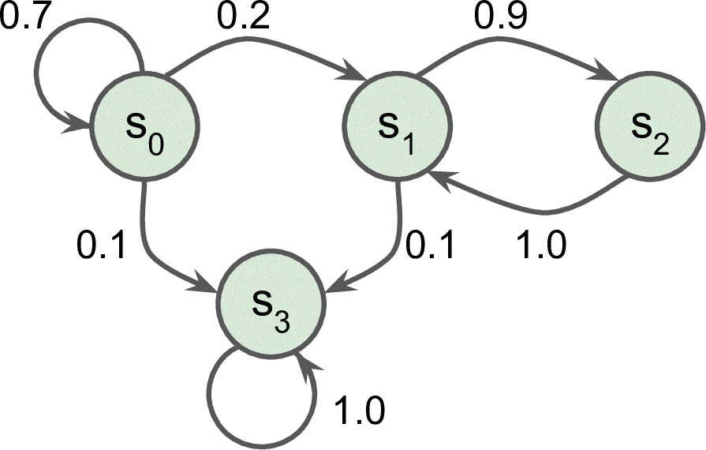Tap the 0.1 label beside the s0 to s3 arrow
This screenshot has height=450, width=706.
click(103, 246)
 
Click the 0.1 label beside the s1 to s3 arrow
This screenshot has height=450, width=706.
click(431, 246)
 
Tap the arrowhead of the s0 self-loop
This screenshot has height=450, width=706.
click(79, 124)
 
